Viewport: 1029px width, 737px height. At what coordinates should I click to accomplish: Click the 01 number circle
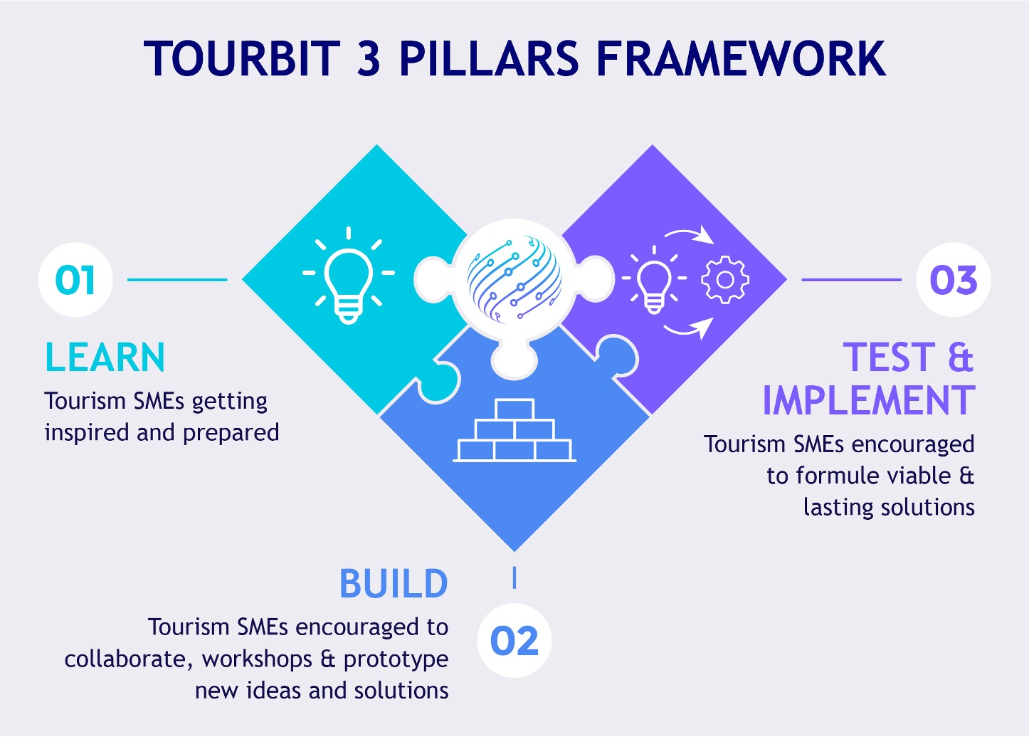coord(75,280)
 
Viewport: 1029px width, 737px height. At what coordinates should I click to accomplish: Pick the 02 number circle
coord(514,641)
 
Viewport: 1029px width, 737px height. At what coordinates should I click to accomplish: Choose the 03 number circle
coord(953,280)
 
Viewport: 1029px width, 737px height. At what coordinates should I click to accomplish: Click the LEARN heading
coord(105,357)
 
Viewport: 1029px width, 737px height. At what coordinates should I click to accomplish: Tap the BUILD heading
coord(393,584)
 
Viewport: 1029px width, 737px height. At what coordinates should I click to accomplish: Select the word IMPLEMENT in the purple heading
coord(868,400)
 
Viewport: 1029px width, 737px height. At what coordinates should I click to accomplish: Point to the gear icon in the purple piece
coord(725,280)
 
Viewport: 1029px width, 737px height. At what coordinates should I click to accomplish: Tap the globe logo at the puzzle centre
coord(514,278)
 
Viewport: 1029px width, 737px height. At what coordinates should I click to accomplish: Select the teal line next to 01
coord(176,280)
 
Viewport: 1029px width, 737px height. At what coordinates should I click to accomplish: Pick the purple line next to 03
coord(851,280)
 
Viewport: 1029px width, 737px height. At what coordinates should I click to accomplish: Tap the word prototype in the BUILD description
coord(396,659)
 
